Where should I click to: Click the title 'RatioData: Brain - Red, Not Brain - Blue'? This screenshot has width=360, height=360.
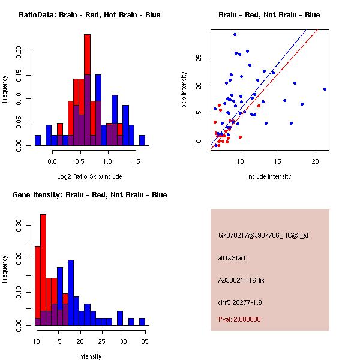click(x=89, y=15)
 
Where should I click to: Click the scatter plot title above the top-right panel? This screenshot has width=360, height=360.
click(x=269, y=15)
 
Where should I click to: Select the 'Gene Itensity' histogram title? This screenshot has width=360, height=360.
click(x=89, y=195)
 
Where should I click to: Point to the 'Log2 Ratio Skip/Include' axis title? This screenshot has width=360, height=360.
click(x=89, y=176)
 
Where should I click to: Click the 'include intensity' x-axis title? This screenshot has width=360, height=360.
click(x=269, y=176)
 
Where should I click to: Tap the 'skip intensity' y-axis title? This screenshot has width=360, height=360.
click(x=184, y=90)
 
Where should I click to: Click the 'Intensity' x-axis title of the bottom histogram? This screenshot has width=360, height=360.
click(x=89, y=356)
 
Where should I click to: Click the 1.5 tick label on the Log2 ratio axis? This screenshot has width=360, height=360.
click(x=136, y=161)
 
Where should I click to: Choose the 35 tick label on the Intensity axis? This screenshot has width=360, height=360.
click(x=144, y=341)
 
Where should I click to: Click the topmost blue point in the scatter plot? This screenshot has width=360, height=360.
click(x=235, y=34)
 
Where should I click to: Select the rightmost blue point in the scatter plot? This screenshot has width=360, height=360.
click(x=325, y=89)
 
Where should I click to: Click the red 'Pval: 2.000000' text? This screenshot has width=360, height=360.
click(x=239, y=319)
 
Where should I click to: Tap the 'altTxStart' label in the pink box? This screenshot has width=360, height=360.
click(x=232, y=258)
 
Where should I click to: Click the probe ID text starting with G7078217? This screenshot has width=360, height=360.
click(x=263, y=236)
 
